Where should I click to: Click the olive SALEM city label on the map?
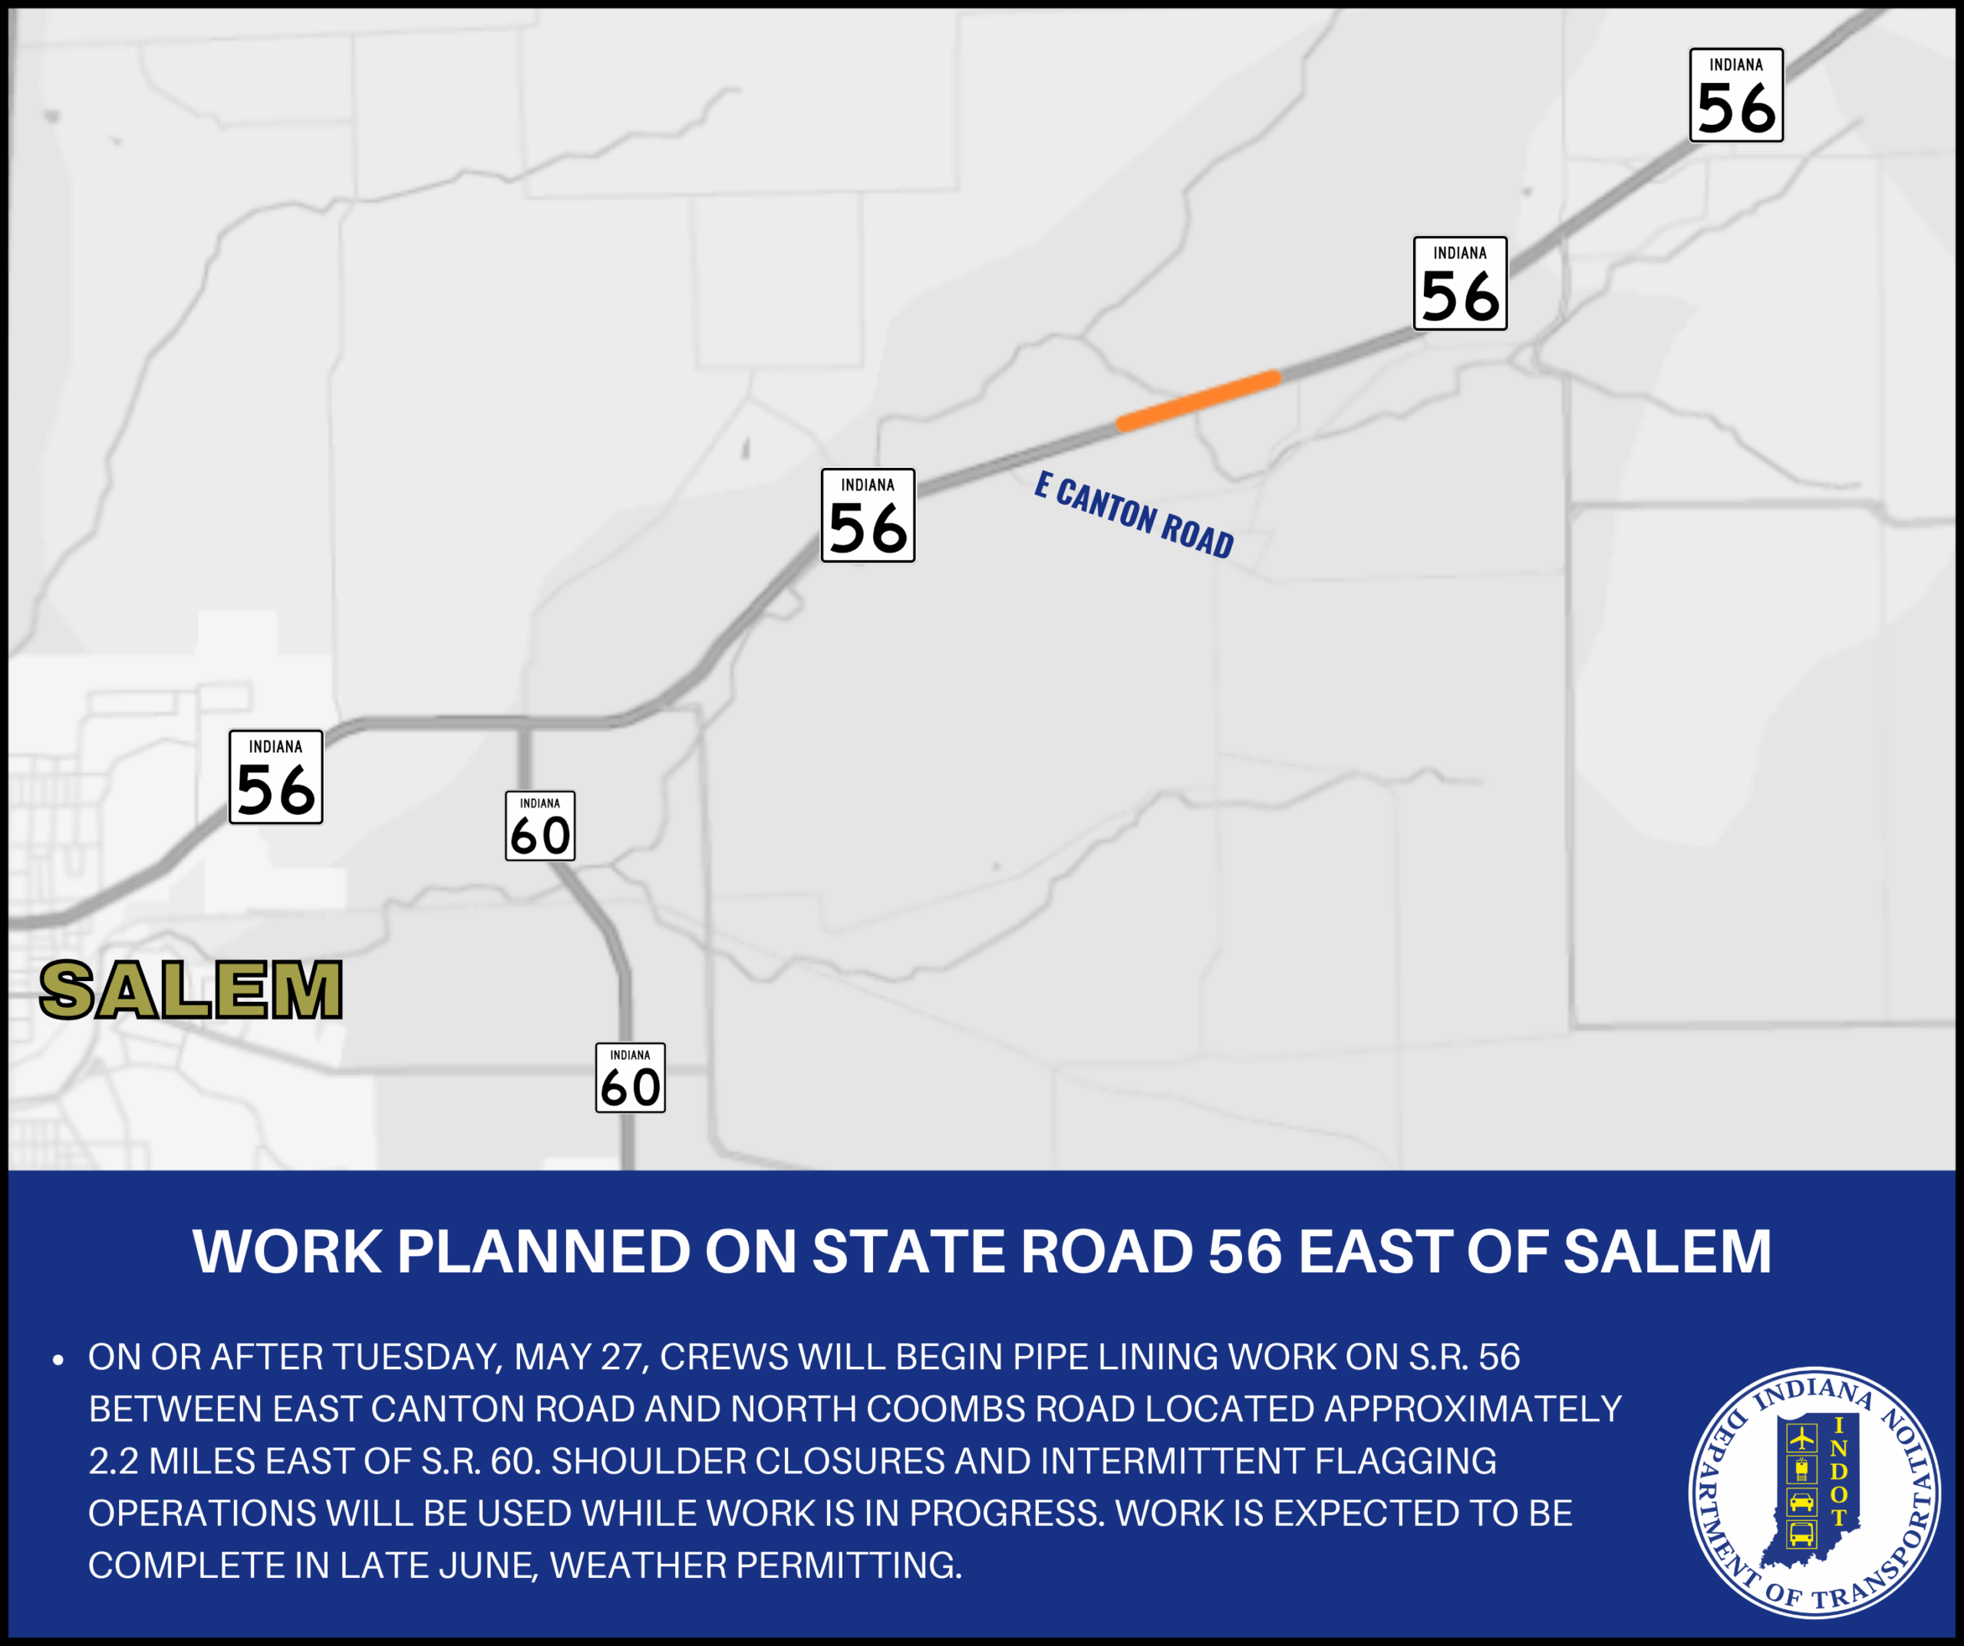(x=191, y=989)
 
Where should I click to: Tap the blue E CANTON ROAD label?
(x=1133, y=515)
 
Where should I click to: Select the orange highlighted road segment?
(x=1198, y=400)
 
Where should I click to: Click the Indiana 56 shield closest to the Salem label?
(x=276, y=777)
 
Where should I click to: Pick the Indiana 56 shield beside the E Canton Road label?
(x=868, y=515)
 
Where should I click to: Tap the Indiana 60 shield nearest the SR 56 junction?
(x=539, y=826)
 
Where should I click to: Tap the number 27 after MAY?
(x=620, y=1357)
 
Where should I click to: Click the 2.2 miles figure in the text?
(x=112, y=1461)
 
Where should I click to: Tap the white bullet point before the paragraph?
(x=58, y=1360)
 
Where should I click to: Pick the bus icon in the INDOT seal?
(x=1801, y=1535)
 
